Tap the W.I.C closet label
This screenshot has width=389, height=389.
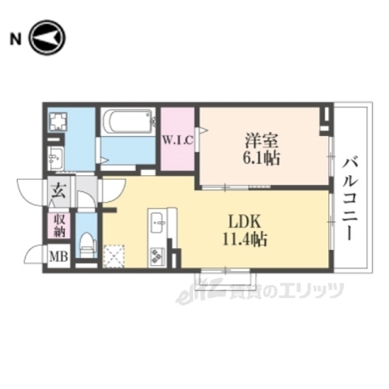pos(176,139)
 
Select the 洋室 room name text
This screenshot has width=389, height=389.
pos(259,139)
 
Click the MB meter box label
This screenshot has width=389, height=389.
pos(61,258)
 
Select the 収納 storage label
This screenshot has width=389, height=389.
pos(62,224)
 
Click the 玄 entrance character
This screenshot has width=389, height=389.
pos(60,192)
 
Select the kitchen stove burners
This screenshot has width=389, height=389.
pos(156,257)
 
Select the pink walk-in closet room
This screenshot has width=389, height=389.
pos(177,139)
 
